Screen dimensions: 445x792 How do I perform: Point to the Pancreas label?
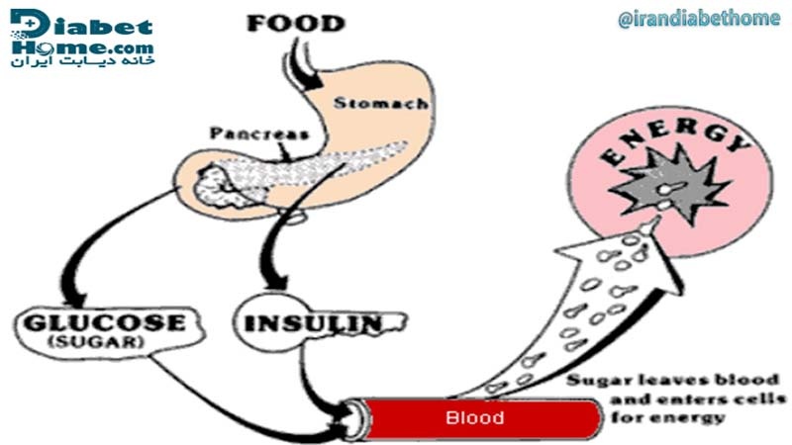pos(260,133)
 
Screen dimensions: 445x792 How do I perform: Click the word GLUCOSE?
pos(100,323)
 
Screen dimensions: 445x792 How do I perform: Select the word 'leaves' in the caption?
pos(647,381)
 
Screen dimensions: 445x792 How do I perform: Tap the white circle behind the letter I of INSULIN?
pos(265,321)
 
